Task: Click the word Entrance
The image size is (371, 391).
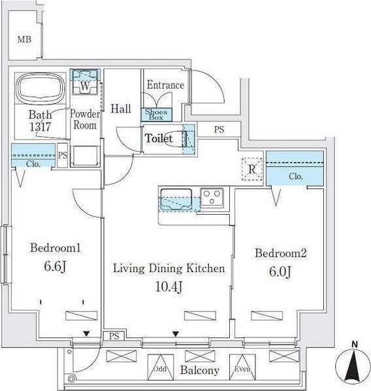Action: pos(165,86)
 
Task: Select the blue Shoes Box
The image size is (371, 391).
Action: pos(155,114)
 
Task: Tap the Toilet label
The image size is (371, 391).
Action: pos(159,139)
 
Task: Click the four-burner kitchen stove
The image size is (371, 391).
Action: pos(213,196)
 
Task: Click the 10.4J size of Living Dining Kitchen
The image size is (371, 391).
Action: pos(169,287)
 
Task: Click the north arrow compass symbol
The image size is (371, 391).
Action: pos(354,363)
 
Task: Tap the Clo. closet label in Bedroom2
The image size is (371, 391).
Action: pos(295,176)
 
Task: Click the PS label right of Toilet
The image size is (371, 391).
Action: pos(219,130)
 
